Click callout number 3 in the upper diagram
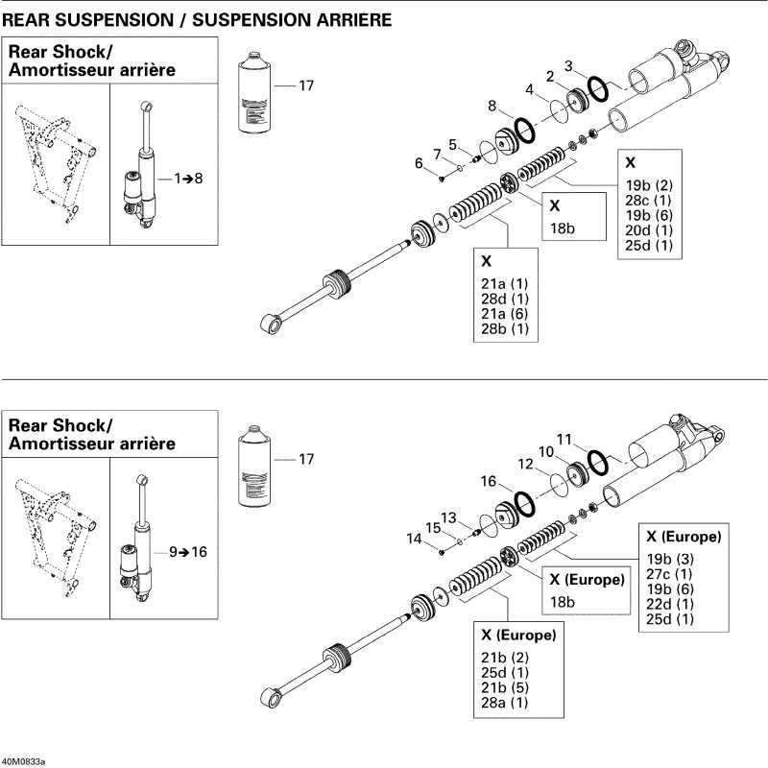pyautogui.click(x=569, y=66)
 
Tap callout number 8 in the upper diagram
pyautogui.click(x=492, y=106)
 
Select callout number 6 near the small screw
pyautogui.click(x=419, y=163)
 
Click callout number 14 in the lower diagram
pyautogui.click(x=414, y=540)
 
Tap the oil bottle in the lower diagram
pyautogui.click(x=254, y=464)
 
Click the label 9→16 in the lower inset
pyautogui.click(x=188, y=552)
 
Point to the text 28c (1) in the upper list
pyautogui.click(x=648, y=200)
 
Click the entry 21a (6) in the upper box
pyautogui.click(x=504, y=314)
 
